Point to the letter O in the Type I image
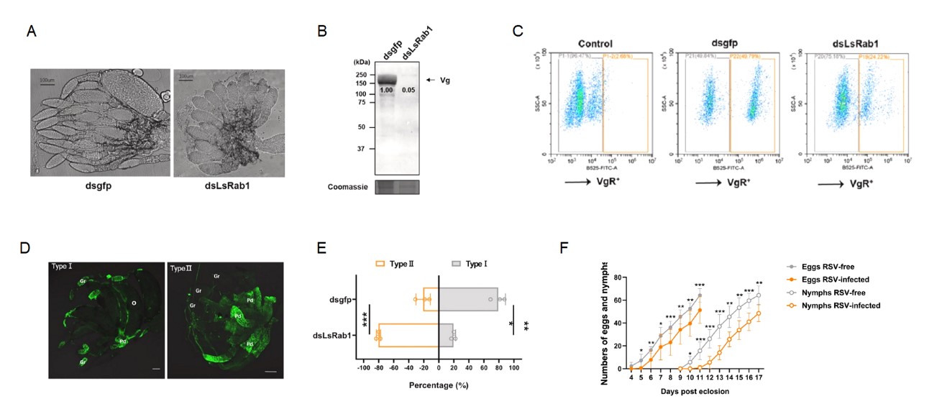click(134, 303)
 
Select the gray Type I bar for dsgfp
click(468, 298)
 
